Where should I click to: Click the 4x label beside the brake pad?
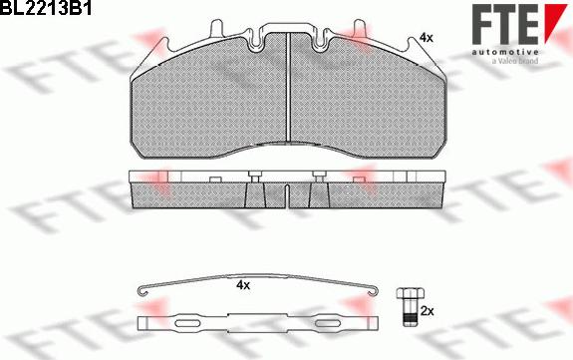coord(427,37)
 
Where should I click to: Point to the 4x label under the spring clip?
coord(242,284)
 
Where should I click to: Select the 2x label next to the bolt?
coord(428,312)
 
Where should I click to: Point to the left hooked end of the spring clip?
coord(143,291)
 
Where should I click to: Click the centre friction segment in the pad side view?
coord(287,197)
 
